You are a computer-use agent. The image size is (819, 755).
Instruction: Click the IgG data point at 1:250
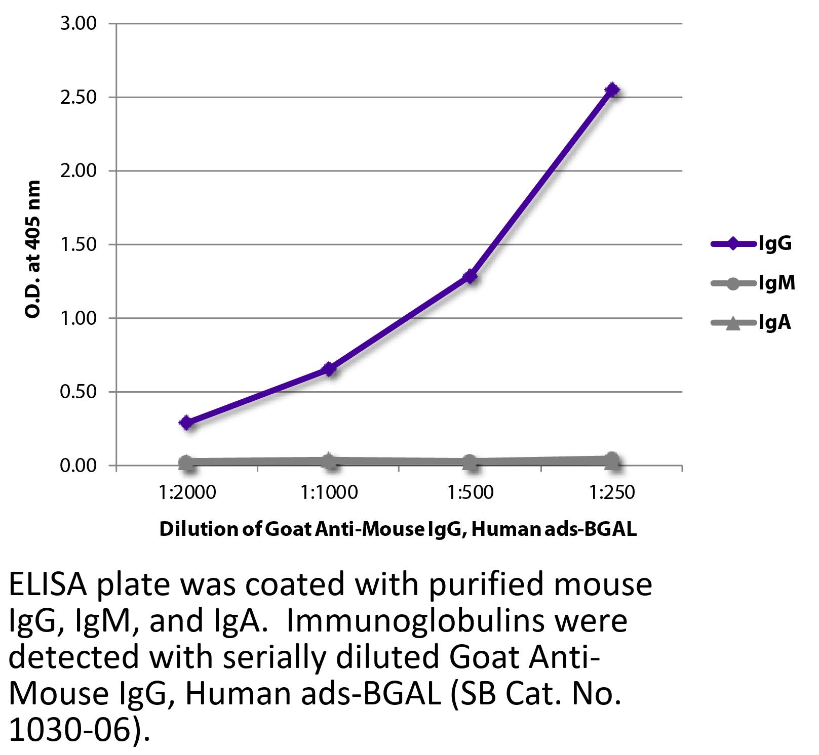(x=612, y=90)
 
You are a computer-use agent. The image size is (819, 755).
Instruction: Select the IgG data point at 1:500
(x=471, y=276)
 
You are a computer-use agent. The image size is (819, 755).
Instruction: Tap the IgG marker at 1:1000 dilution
(x=329, y=369)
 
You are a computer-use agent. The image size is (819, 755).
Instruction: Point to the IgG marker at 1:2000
(x=187, y=423)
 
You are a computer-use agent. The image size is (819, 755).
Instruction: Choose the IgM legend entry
(x=753, y=283)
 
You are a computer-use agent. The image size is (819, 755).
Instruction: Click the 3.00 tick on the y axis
(x=79, y=24)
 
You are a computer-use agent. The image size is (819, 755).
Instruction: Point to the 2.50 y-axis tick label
(x=79, y=97)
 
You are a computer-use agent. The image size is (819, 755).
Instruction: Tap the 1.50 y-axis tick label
(x=79, y=244)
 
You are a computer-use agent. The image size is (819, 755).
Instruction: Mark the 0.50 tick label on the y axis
(x=79, y=392)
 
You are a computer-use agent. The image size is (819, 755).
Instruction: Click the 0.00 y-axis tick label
(x=79, y=466)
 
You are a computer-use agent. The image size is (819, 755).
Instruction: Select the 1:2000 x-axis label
(x=187, y=492)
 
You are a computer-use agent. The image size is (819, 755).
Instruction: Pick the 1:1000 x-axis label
(x=329, y=492)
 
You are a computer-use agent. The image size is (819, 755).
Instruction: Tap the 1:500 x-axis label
(x=471, y=492)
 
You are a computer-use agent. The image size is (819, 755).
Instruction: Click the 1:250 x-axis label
(x=612, y=492)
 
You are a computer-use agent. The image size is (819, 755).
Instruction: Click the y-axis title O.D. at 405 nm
(x=32, y=249)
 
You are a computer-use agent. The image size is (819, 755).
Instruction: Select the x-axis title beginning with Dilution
(x=398, y=530)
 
